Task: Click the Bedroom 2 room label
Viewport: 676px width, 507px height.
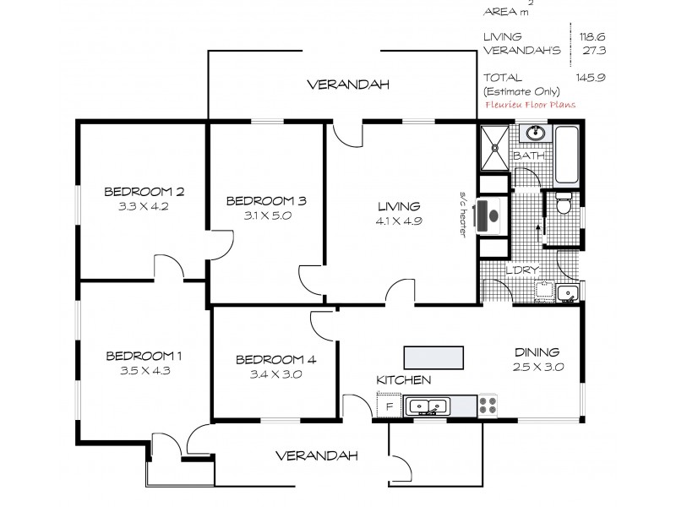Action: (144, 192)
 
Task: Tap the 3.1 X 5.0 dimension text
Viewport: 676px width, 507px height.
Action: (268, 215)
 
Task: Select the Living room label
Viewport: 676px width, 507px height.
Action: (399, 206)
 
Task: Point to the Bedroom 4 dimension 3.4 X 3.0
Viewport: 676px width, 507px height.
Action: (276, 374)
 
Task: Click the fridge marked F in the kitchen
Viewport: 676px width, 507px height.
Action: (390, 406)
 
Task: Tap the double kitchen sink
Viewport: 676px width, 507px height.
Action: (428, 406)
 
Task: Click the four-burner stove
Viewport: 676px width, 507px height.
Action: (488, 406)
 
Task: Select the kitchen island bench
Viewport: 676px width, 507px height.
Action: (433, 357)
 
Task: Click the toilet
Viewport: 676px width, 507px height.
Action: (564, 204)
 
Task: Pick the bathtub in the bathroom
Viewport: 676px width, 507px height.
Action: (566, 155)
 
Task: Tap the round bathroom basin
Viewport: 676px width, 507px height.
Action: (536, 133)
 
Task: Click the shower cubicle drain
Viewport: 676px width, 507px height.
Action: (495, 148)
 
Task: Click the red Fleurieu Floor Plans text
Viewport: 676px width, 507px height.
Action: (531, 105)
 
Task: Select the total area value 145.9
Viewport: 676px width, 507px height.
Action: (590, 78)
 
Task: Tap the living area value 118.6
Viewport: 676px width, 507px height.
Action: (592, 37)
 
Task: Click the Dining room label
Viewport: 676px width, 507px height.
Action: (537, 352)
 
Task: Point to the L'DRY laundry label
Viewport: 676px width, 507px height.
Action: (522, 270)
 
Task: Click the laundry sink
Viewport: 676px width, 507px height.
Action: (567, 293)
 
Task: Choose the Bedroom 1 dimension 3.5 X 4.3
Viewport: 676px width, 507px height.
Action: (145, 370)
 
